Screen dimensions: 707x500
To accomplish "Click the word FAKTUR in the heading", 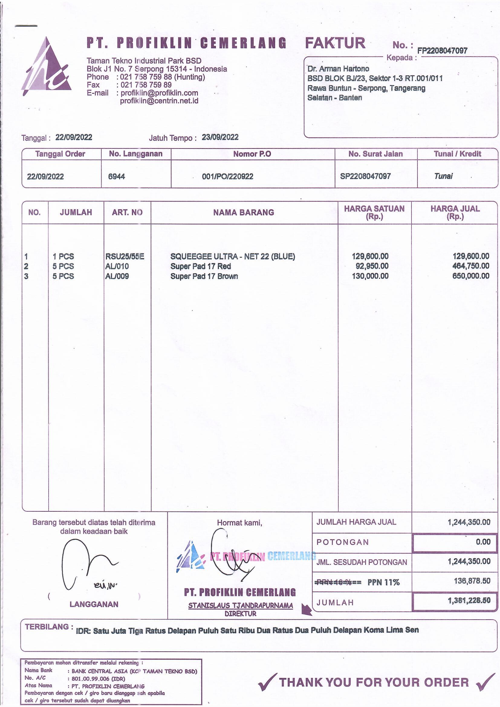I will click(335, 43).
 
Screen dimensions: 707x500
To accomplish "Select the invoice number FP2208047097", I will click(442, 51).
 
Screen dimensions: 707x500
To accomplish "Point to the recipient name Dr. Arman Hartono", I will click(338, 69).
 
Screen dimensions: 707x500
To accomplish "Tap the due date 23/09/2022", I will click(220, 137).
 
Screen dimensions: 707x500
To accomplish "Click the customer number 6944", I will click(116, 176).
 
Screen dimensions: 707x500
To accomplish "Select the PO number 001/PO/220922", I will click(228, 176).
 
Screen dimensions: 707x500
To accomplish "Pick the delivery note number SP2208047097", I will click(365, 176).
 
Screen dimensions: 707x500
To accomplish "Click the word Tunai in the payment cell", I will click(443, 176).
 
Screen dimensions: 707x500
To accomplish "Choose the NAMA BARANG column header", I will click(244, 213).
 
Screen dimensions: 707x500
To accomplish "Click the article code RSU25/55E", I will click(124, 256).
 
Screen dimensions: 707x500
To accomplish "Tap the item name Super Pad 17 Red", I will click(200, 266).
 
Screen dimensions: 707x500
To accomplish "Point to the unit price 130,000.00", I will click(370, 276).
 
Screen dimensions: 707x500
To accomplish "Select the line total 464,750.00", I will click(471, 266).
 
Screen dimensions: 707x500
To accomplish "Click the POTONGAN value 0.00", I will click(483, 542).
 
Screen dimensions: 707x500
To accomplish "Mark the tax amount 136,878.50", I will click(472, 581).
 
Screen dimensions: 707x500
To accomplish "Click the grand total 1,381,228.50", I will click(469, 600).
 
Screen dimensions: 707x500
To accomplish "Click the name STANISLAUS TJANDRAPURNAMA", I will click(240, 606).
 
